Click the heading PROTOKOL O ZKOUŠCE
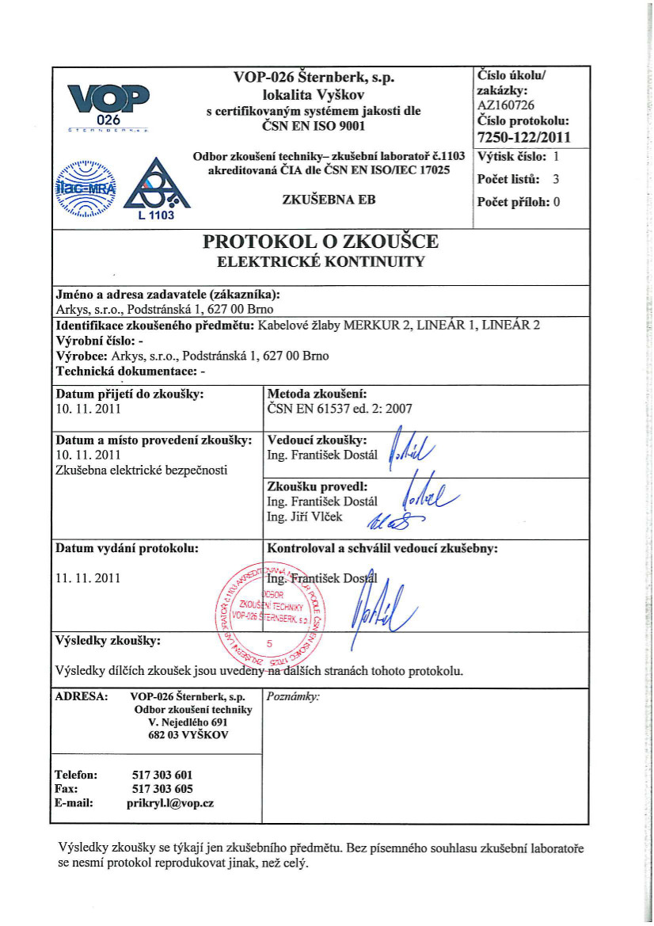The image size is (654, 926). pyautogui.click(x=321, y=241)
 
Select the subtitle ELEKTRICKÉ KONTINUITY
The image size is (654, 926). pyautogui.click(x=321, y=261)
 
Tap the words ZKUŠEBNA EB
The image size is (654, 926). pyautogui.click(x=329, y=200)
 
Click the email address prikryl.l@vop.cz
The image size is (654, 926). pyautogui.click(x=169, y=802)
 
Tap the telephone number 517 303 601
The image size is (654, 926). pyautogui.click(x=159, y=774)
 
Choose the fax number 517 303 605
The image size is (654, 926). pyautogui.click(x=159, y=788)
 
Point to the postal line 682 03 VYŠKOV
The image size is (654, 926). pyautogui.click(x=193, y=735)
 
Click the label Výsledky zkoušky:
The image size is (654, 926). pyautogui.click(x=108, y=638)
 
